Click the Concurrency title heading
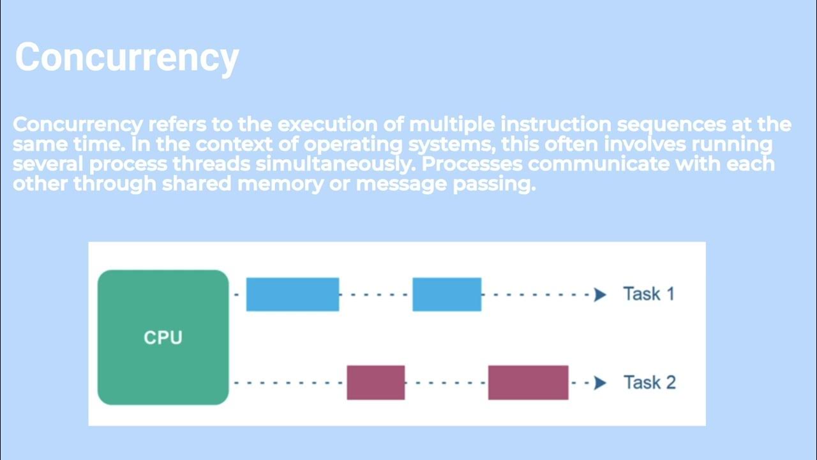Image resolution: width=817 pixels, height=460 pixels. click(x=126, y=57)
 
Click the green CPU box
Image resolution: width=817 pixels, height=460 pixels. click(x=163, y=337)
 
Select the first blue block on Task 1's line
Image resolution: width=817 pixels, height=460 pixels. click(x=292, y=295)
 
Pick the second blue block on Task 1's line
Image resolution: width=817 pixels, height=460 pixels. click(x=447, y=295)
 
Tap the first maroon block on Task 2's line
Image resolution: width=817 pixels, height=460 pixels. click(x=375, y=383)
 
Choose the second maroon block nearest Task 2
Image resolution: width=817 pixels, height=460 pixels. click(x=528, y=383)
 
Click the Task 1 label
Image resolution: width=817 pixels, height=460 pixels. click(x=648, y=294)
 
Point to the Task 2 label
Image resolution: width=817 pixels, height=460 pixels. click(x=649, y=383)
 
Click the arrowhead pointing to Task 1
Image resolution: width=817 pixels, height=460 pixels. click(x=600, y=295)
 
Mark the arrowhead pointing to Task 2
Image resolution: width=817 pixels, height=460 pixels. click(x=600, y=383)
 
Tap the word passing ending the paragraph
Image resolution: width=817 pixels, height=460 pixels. click(x=493, y=185)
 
